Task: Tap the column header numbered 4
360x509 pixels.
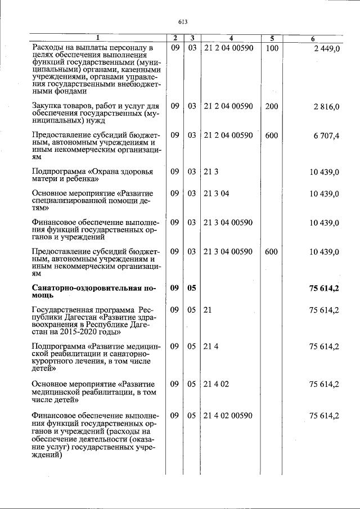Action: [x=231, y=38]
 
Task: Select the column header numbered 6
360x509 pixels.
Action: [x=313, y=38]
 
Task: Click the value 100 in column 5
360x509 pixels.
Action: [x=272, y=48]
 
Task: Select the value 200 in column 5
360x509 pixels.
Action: [x=272, y=106]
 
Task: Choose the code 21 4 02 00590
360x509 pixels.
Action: [x=228, y=416]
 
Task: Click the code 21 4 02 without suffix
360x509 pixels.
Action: [x=217, y=384]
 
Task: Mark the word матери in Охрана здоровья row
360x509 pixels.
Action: [x=46, y=179]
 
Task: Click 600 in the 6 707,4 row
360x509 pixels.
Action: [x=272, y=136]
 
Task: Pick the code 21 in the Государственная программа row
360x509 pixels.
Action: [x=207, y=310]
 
